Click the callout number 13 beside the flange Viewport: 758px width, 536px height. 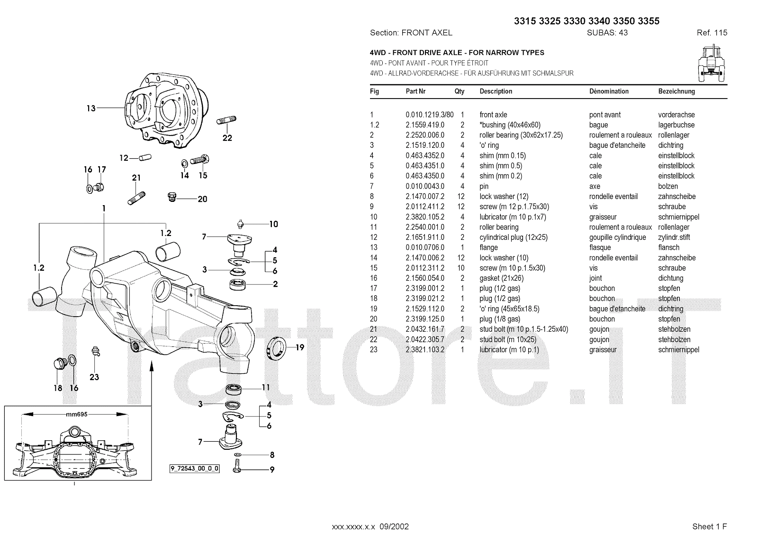point(91,108)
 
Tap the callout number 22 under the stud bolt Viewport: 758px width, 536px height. point(227,138)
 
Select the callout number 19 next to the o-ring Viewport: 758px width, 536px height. point(300,347)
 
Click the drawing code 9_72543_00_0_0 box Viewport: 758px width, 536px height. point(195,469)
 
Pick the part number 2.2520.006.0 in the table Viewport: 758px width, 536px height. point(425,135)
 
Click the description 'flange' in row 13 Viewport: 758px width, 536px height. point(488,247)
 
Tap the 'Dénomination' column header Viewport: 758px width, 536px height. point(609,91)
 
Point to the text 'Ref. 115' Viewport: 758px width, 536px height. point(712,33)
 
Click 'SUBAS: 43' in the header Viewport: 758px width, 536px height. point(607,33)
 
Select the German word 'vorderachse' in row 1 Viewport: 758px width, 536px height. point(677,115)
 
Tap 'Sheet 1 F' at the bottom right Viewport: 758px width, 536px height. point(709,527)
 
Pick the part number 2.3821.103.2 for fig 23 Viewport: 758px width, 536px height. point(425,350)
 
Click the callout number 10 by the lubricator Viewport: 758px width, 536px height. point(274,224)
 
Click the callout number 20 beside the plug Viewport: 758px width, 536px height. point(202,199)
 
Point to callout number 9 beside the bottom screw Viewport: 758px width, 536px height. point(272,470)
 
